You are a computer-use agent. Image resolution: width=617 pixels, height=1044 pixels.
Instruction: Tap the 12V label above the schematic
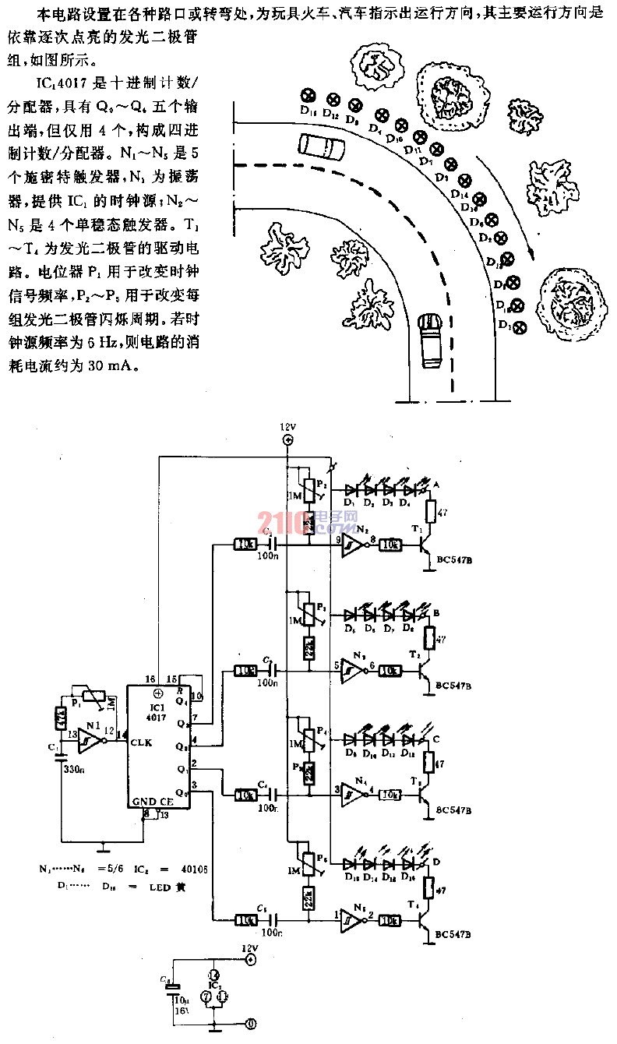point(288,428)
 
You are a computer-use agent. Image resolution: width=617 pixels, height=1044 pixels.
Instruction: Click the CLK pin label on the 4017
point(142,742)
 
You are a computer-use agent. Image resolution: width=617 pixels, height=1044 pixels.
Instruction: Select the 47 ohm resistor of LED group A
point(429,512)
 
